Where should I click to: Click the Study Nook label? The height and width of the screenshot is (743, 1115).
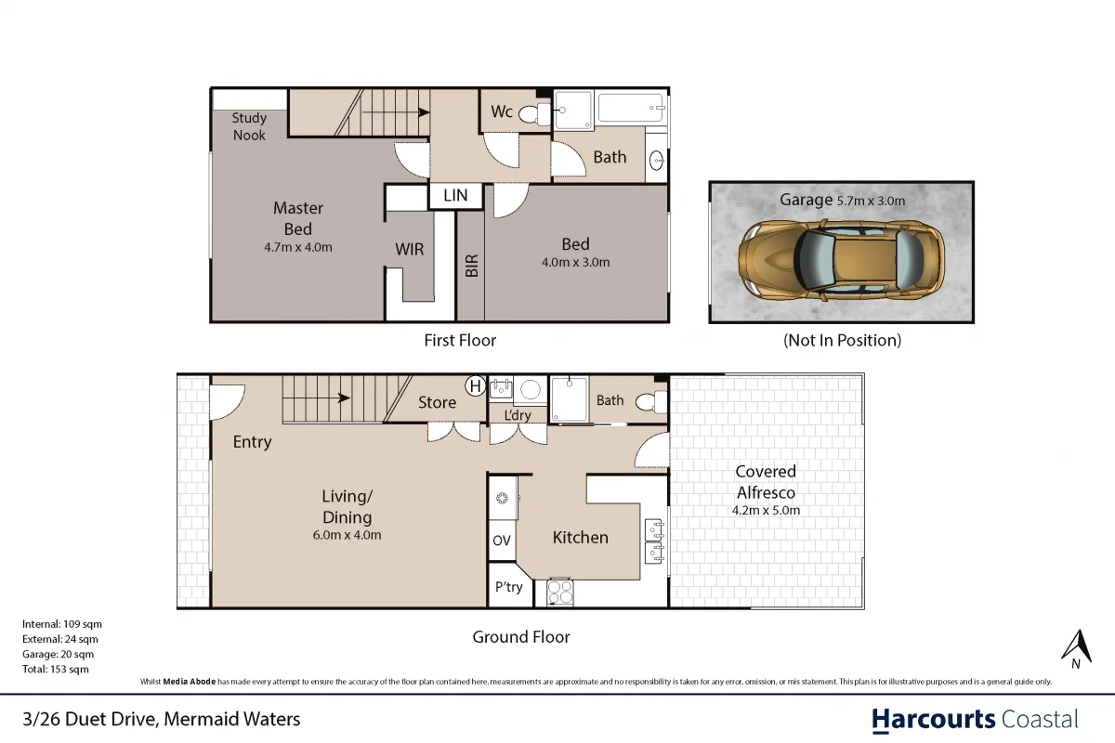(x=249, y=126)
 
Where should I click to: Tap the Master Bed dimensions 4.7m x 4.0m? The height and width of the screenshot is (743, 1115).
(x=297, y=247)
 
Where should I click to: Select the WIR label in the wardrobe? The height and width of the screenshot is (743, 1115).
(x=410, y=250)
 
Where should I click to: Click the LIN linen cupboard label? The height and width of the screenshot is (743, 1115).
(x=455, y=196)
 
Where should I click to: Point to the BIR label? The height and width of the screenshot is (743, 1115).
(x=471, y=267)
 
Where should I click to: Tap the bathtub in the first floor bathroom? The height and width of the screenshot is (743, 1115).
(x=631, y=109)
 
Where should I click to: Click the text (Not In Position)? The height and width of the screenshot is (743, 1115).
(x=842, y=340)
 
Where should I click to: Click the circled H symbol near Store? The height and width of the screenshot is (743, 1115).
(x=475, y=385)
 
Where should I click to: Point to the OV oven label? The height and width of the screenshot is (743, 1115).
(x=502, y=541)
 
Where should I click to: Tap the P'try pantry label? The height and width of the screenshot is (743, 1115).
(x=508, y=587)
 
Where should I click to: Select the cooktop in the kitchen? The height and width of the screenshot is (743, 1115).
(x=560, y=591)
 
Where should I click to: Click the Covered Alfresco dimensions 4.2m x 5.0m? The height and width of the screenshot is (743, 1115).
(x=767, y=510)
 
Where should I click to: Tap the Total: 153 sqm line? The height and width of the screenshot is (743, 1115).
(x=56, y=669)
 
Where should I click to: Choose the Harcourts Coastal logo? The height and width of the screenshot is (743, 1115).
(x=975, y=719)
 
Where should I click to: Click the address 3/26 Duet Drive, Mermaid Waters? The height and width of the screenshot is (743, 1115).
(x=162, y=719)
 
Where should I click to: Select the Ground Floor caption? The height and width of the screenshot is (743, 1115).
(x=520, y=637)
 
